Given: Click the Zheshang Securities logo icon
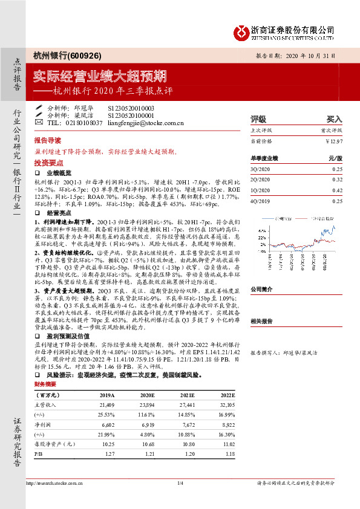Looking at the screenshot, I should tap(241, 30).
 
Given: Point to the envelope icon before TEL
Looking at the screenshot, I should tap(39, 122).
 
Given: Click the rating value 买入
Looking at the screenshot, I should tap(334, 119).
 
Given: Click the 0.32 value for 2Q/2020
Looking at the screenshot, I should tap(337, 180).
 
